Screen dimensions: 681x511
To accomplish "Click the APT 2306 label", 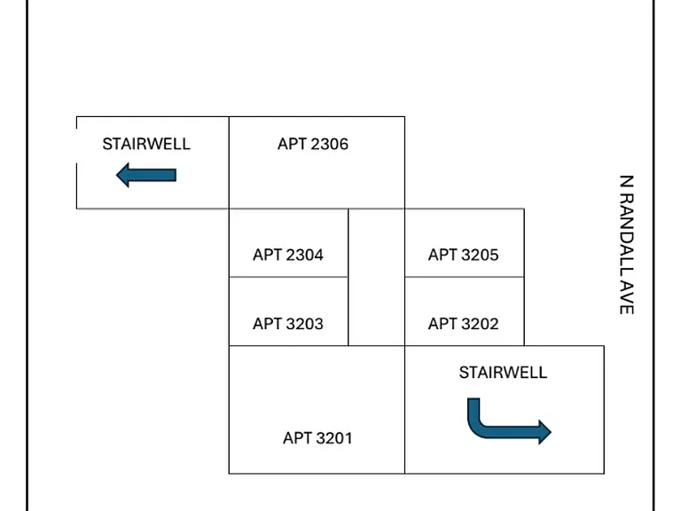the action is [313, 144].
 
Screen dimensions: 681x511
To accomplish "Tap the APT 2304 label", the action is [288, 255].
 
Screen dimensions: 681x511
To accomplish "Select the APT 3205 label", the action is [464, 255].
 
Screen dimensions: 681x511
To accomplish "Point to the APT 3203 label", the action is [288, 324].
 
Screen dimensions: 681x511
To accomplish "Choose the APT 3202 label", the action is [464, 324].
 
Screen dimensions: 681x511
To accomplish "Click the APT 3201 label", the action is [317, 438].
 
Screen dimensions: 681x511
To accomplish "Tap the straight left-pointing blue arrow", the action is [146, 175].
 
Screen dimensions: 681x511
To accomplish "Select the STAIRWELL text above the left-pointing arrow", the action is [146, 144].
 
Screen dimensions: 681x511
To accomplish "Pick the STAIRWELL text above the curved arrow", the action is [503, 373].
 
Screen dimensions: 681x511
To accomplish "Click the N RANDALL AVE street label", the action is [627, 245].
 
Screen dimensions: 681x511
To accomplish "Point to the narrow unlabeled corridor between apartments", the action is [377, 277].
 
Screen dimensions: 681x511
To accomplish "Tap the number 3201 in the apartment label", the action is [335, 438].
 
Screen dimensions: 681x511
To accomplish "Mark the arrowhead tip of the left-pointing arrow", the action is [116, 175].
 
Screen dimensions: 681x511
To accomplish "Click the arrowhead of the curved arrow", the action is [545, 432].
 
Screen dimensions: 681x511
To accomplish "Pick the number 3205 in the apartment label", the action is [481, 255].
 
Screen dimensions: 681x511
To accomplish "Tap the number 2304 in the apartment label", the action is [305, 255].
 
